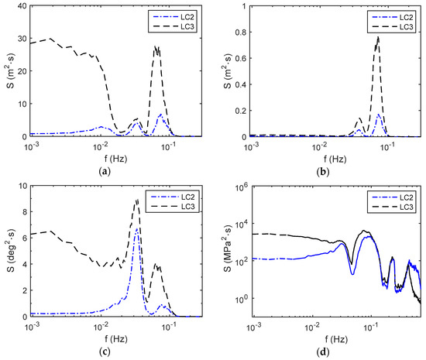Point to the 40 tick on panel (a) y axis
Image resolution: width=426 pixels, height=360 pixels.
point(22,5)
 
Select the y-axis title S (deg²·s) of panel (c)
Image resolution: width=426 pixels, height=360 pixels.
point(9,251)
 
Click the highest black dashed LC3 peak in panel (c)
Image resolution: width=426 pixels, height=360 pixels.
point(138,200)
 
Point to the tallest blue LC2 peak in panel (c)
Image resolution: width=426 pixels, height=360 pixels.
point(137,228)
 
